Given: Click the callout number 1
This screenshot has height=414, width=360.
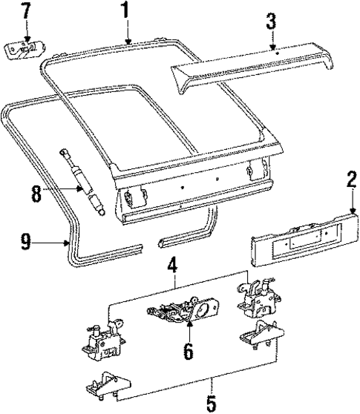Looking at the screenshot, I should tap(125, 10).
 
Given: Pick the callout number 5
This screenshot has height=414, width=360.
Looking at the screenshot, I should tap(210, 405).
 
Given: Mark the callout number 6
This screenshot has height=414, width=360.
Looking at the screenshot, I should tap(188, 351).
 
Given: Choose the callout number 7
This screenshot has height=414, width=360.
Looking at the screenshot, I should tap(26, 11).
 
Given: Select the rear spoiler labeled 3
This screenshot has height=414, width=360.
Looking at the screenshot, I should tap(252, 67).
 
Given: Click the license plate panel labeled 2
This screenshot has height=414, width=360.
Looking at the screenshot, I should tap(301, 240).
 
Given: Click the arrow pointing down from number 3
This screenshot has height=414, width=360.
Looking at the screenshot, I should tap(274, 42).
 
